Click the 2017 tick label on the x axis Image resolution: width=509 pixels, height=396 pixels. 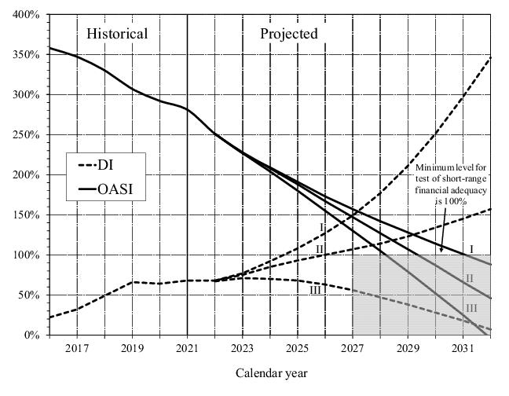(77, 347)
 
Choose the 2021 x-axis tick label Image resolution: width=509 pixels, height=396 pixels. (187, 347)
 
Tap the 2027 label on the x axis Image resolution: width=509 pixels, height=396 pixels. (353, 347)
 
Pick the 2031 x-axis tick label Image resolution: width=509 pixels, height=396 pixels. (463, 347)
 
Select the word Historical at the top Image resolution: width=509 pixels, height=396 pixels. (117, 34)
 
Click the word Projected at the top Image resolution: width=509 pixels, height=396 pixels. (289, 34)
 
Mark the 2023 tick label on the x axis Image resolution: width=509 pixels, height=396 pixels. (242, 347)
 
